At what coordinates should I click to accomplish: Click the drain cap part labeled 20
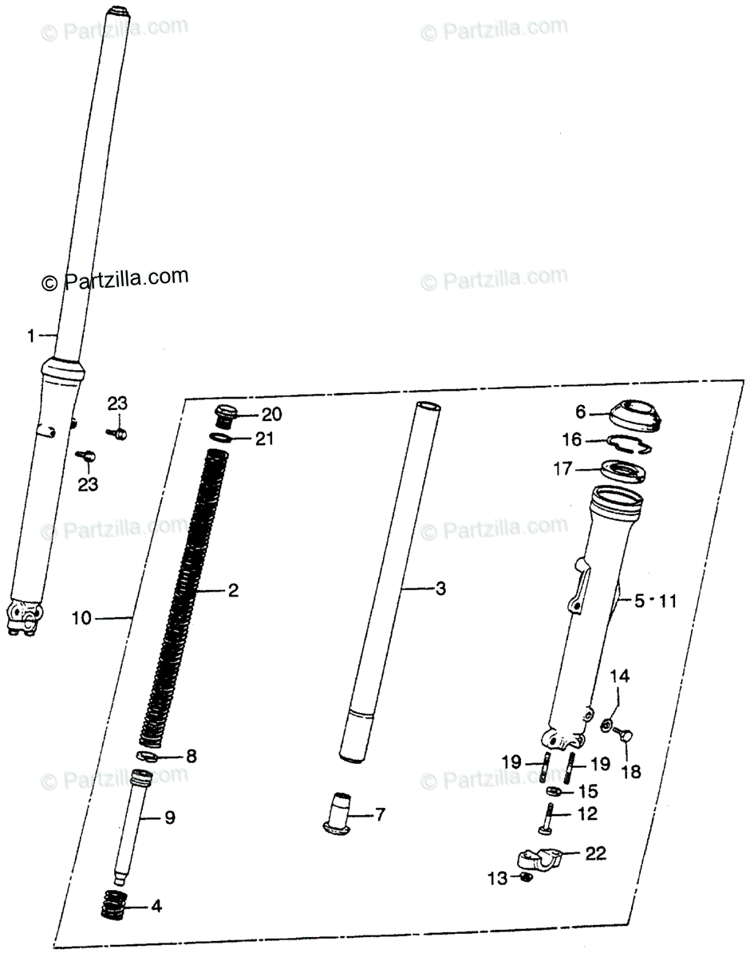point(225,415)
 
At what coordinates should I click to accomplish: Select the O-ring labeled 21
point(221,438)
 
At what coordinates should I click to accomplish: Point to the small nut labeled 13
point(527,877)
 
